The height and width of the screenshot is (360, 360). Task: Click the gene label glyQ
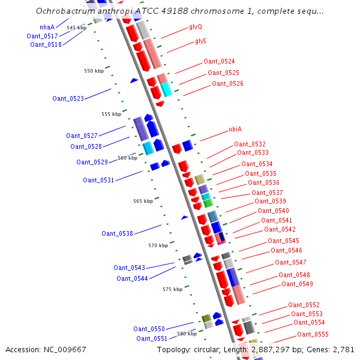point(196,27)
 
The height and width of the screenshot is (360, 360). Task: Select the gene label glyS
point(200,41)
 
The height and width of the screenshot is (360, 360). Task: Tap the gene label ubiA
point(235,130)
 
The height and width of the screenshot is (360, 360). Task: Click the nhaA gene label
point(47,27)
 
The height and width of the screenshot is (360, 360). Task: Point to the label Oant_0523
point(68,98)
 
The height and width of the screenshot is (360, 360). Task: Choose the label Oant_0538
point(117,233)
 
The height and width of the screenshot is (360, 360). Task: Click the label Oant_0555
point(313,334)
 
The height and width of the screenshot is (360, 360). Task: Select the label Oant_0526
point(227,83)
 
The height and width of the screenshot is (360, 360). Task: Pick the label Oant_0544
point(132,278)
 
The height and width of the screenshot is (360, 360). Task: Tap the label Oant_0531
point(98,180)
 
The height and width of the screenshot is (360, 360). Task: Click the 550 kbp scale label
point(94,71)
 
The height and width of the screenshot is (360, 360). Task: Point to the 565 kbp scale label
point(143,202)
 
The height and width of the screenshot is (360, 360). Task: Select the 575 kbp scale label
point(172,289)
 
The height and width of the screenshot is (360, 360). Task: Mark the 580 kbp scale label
point(187,334)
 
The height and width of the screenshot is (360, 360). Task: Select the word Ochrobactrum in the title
point(65,11)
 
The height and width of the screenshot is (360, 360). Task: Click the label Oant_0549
point(297,284)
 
